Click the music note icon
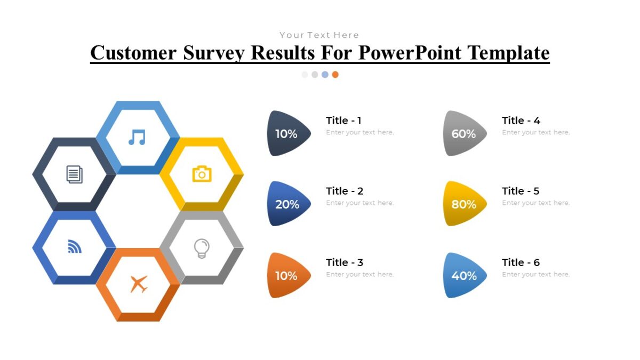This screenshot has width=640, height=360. click(137, 137)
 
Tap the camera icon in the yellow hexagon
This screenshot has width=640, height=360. click(202, 174)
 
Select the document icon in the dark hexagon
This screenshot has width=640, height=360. click(75, 174)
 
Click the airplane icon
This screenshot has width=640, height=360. click(139, 284)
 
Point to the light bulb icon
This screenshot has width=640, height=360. click(201, 248)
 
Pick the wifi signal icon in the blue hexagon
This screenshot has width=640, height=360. click(75, 246)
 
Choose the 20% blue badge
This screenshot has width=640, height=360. click(287, 204)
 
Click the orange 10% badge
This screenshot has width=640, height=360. click(286, 276)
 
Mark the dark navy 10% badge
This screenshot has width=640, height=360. click(286, 134)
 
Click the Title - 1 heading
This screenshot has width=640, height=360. click(343, 121)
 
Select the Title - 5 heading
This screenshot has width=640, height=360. click(521, 191)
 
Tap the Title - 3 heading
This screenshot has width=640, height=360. click(345, 262)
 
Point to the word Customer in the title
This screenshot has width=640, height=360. click(133, 53)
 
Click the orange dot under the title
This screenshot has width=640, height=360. click(335, 75)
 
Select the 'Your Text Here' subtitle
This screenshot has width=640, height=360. click(319, 35)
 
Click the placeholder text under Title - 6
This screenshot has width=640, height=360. click(535, 274)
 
